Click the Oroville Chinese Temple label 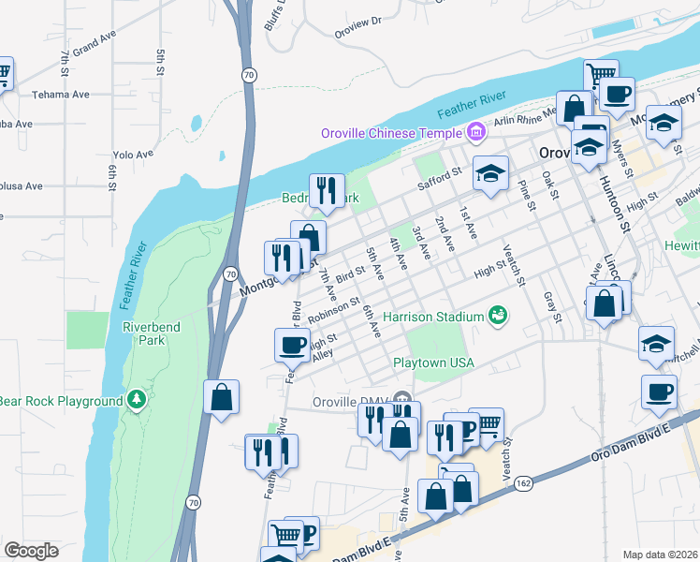click(x=391, y=133)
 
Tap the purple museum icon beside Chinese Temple click(x=476, y=133)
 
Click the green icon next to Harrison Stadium click(x=498, y=316)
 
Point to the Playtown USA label click(x=433, y=362)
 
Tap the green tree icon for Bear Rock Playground click(x=138, y=401)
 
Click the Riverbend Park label click(x=143, y=333)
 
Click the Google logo click(x=30, y=551)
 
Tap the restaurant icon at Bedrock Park click(x=327, y=190)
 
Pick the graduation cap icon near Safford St click(x=489, y=173)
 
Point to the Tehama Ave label click(x=61, y=95)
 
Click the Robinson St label click(x=333, y=311)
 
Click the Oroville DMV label click(x=349, y=402)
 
